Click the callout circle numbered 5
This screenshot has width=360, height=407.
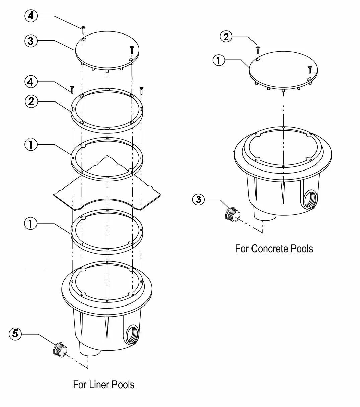click(15, 334)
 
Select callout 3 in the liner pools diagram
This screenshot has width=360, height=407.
click(31, 41)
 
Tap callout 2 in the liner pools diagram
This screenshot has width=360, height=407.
click(31, 101)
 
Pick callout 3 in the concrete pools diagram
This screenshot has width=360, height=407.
click(198, 200)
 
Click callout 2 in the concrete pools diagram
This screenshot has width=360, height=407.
click(226, 37)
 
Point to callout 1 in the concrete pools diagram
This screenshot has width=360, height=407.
click(219, 60)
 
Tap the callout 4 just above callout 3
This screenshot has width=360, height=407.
click(31, 16)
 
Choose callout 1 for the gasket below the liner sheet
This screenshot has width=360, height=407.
click(30, 223)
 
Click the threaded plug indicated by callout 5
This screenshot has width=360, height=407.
click(60, 349)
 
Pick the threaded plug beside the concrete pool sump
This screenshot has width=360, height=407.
click(233, 214)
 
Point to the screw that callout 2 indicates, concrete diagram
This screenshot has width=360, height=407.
click(258, 50)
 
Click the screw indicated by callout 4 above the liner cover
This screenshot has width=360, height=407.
click(83, 30)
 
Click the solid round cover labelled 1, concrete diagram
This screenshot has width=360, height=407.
click(283, 70)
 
